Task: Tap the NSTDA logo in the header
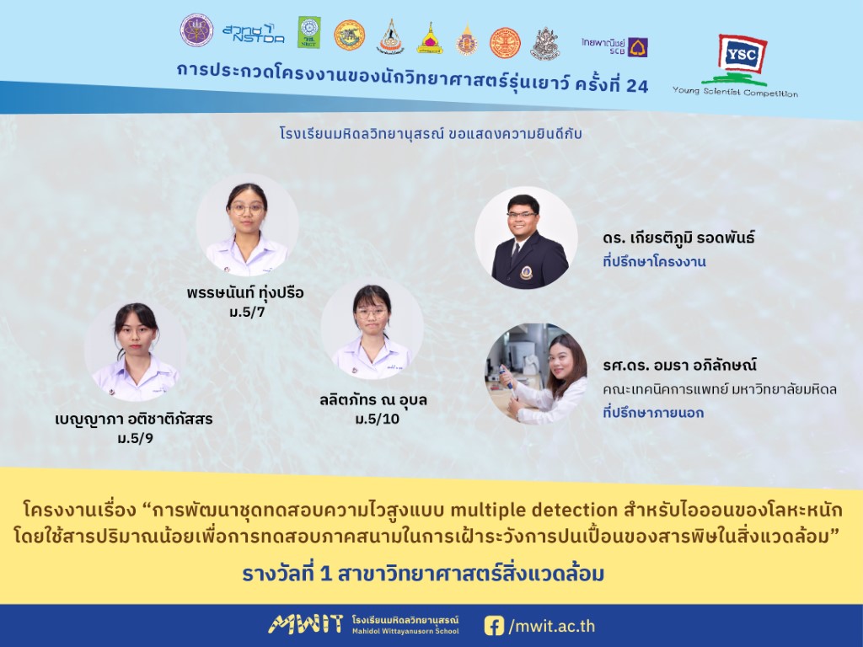pyautogui.click(x=254, y=34)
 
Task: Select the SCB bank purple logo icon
pyautogui.click(x=638, y=47)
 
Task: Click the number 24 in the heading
pyautogui.click(x=637, y=86)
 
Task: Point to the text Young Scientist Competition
pyautogui.click(x=735, y=92)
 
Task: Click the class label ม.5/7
pyautogui.click(x=247, y=313)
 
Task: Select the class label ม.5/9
pyautogui.click(x=136, y=439)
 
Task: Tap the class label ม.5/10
pyautogui.click(x=378, y=420)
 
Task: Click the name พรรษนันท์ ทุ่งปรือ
pyautogui.click(x=245, y=292)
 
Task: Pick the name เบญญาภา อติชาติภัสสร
pyautogui.click(x=134, y=420)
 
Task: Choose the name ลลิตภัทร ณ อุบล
pyautogui.click(x=373, y=399)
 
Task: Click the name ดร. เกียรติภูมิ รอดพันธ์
pyautogui.click(x=678, y=238)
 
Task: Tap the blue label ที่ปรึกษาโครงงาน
pyautogui.click(x=654, y=262)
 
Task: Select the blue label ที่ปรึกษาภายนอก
pyautogui.click(x=653, y=413)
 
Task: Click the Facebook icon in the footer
pyautogui.click(x=494, y=626)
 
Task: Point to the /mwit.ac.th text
pyautogui.click(x=551, y=626)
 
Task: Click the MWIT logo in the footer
pyautogui.click(x=305, y=624)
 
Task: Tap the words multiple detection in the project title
pyautogui.click(x=533, y=510)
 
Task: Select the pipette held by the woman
pyautogui.click(x=507, y=382)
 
